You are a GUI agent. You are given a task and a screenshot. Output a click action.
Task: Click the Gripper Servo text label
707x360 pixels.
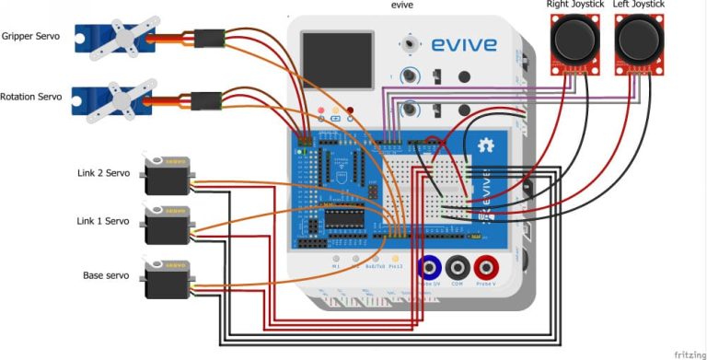(x=30, y=37)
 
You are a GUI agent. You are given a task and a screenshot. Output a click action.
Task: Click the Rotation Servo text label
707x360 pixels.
(x=32, y=97)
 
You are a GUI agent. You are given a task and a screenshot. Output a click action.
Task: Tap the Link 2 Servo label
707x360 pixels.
(x=103, y=172)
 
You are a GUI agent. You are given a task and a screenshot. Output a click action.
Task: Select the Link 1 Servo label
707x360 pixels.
(x=103, y=221)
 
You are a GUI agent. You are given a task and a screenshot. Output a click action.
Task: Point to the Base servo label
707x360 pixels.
(x=106, y=275)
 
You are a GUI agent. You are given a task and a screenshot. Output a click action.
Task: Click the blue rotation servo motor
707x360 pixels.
(x=115, y=99)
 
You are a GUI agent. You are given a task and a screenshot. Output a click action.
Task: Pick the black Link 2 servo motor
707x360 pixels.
(x=167, y=177)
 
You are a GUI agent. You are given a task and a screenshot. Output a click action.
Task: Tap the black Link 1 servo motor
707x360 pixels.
(x=167, y=225)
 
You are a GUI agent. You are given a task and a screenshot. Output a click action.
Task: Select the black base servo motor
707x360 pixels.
(x=167, y=279)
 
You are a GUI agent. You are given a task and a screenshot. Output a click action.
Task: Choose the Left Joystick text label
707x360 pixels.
(x=638, y=5)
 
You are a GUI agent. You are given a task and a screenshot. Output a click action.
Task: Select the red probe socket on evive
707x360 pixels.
(x=487, y=268)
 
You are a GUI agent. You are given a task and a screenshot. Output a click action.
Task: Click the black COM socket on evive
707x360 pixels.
(x=458, y=268)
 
